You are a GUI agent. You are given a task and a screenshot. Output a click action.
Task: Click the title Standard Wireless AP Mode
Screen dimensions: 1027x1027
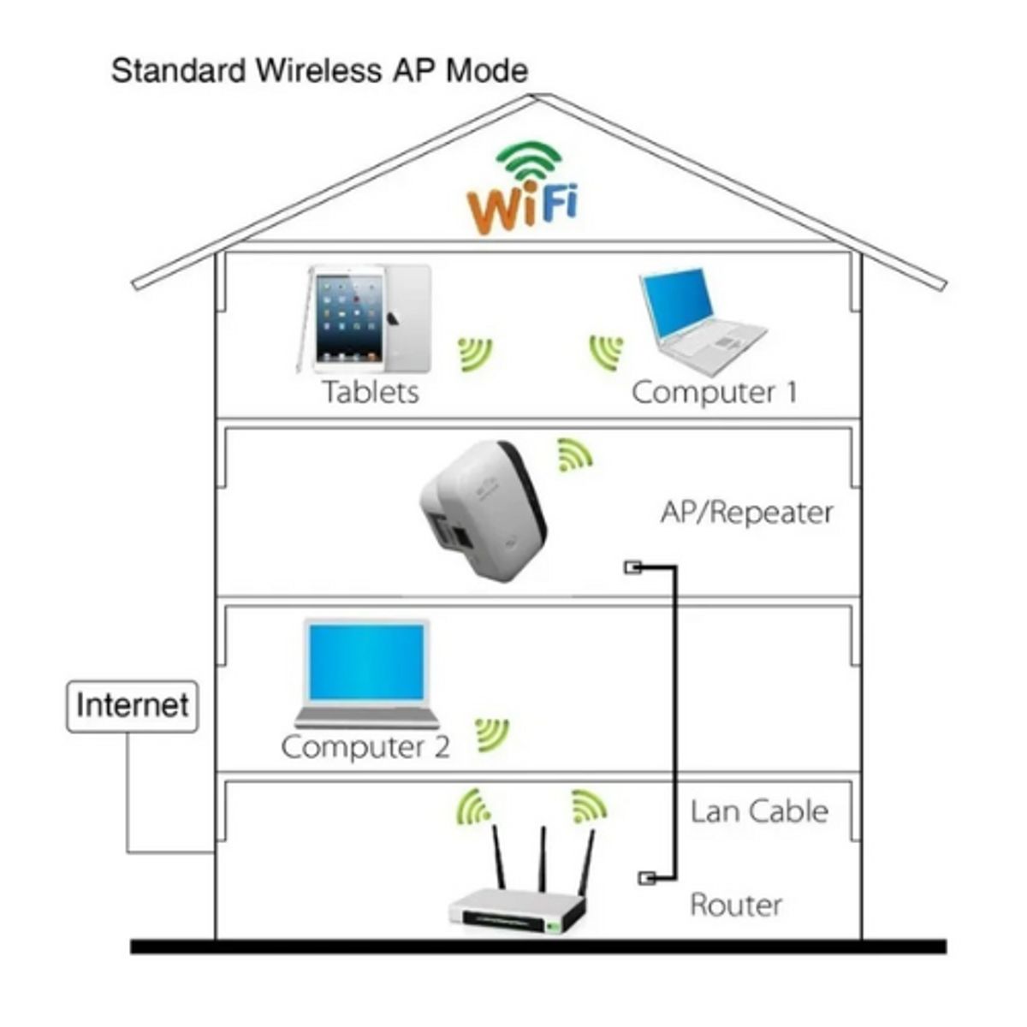[x=319, y=70]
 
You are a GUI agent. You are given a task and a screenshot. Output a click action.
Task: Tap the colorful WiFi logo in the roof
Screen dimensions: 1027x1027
[x=524, y=190]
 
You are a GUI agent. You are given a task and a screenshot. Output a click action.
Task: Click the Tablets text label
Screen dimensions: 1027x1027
[x=371, y=392]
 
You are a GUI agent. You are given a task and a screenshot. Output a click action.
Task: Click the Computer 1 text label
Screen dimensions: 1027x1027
[x=714, y=392]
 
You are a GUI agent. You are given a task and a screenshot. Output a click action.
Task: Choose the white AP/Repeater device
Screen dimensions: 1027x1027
[x=484, y=510]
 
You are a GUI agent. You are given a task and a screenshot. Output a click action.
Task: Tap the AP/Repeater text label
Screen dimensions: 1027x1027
[x=746, y=512]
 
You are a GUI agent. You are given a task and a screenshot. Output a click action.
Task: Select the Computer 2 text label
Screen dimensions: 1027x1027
[x=365, y=746]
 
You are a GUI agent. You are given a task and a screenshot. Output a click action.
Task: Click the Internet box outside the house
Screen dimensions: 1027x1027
[x=132, y=706]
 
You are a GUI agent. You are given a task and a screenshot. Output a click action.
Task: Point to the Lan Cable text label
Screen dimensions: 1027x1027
[x=759, y=811]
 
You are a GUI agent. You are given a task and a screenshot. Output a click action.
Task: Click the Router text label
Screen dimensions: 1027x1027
[x=736, y=905]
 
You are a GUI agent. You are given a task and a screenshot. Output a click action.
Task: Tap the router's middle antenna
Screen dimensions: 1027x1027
[x=543, y=860]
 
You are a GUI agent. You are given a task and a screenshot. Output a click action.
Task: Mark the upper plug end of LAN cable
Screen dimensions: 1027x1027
[x=632, y=567]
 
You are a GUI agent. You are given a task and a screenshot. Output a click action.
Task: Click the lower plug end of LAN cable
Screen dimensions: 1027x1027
[x=648, y=878]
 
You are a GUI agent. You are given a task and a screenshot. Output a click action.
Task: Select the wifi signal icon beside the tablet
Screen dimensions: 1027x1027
[x=475, y=353]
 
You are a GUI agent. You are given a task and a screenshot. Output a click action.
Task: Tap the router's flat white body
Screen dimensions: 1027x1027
[x=519, y=909]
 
